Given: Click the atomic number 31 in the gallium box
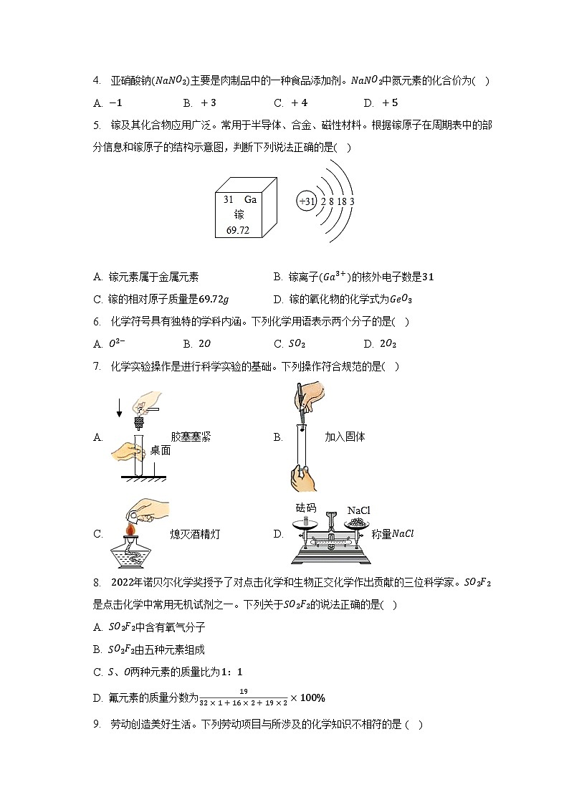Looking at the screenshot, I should [x=229, y=200].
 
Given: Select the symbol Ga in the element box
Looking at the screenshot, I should [x=250, y=200].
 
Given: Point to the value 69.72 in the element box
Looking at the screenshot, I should [x=238, y=230].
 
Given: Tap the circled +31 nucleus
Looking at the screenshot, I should [x=307, y=201].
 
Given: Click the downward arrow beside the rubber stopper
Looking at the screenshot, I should [x=119, y=408].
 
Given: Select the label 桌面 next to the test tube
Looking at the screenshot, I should [x=161, y=451].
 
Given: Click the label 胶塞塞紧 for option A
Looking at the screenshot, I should [x=191, y=437].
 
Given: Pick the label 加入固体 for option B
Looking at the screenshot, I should [x=345, y=437].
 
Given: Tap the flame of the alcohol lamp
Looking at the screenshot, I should [x=130, y=529].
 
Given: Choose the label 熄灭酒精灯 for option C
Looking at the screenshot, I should [x=196, y=534].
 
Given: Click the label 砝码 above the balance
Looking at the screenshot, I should [x=306, y=508].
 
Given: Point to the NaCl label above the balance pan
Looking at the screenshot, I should [x=358, y=510].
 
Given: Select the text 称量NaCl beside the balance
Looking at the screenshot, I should [x=393, y=534].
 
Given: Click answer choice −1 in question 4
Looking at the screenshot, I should [x=115, y=103].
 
